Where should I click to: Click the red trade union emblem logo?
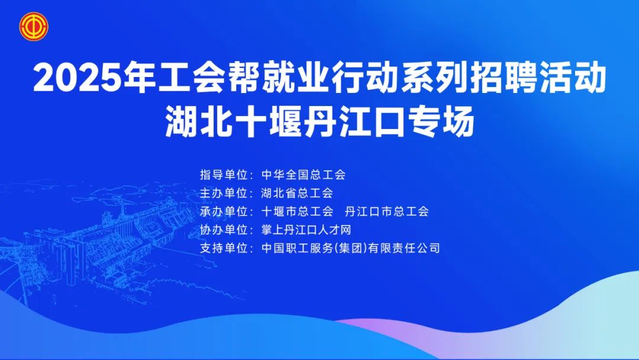(x=34, y=27)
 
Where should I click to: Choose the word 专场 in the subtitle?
(x=440, y=121)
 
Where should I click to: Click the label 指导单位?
(x=224, y=175)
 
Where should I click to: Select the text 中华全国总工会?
(x=304, y=175)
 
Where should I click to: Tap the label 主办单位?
(x=224, y=193)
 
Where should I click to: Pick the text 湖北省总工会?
(x=297, y=193)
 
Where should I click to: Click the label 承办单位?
(x=224, y=211)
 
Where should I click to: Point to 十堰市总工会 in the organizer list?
(x=298, y=211)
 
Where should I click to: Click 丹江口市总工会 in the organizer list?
(x=387, y=211)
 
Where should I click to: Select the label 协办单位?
(x=224, y=230)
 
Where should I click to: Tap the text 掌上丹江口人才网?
(x=306, y=230)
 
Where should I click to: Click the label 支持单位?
(x=224, y=248)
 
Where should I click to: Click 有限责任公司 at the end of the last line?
(x=404, y=248)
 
